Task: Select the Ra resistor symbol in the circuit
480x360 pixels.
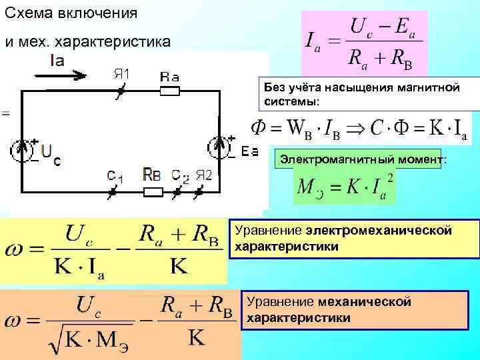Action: coord(169,92)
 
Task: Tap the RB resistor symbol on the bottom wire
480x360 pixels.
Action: coord(153,193)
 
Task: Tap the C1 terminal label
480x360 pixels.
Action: coord(115,177)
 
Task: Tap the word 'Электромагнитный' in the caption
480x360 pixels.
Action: coord(326,161)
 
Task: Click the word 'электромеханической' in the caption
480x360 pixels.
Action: coord(379,231)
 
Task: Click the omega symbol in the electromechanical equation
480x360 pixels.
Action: coord(16,251)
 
